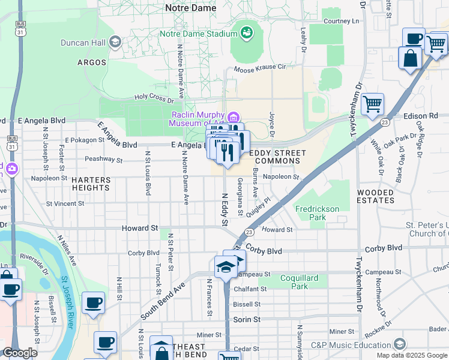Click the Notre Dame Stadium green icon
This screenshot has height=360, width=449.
pos(246,32)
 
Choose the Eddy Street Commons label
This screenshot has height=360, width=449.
pos(277,157)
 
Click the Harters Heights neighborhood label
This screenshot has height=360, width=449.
pos(91,184)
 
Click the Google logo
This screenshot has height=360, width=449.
pos(20,353)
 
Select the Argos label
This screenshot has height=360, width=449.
pos(92,62)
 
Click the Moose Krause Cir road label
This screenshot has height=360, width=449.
pos(260,68)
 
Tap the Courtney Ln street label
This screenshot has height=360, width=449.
pos(341,21)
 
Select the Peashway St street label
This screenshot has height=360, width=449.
pos(103,160)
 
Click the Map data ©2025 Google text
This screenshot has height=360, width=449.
pos(411,355)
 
